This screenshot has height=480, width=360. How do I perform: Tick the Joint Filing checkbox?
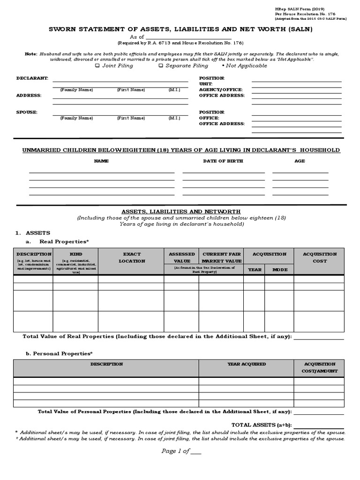(97, 66)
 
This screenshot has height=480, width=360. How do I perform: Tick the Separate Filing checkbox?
(161, 66)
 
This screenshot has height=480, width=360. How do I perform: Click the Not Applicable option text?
(246, 66)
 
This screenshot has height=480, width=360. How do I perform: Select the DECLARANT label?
(32, 78)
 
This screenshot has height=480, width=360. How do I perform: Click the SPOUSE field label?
(27, 112)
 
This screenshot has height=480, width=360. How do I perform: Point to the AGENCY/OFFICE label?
(221, 90)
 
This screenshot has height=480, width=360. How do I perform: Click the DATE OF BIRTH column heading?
(223, 161)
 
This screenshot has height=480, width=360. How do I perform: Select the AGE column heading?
(300, 161)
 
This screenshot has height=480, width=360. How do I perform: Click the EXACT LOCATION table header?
(132, 257)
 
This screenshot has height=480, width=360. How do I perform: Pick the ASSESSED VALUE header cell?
(181, 257)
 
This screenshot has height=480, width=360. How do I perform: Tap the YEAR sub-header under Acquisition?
(255, 270)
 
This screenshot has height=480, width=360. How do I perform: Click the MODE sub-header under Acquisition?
(279, 270)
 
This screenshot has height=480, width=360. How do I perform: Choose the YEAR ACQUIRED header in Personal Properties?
(247, 364)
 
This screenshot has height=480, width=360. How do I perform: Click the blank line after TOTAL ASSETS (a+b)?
(319, 425)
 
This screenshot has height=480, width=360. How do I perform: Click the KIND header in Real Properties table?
(75, 254)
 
